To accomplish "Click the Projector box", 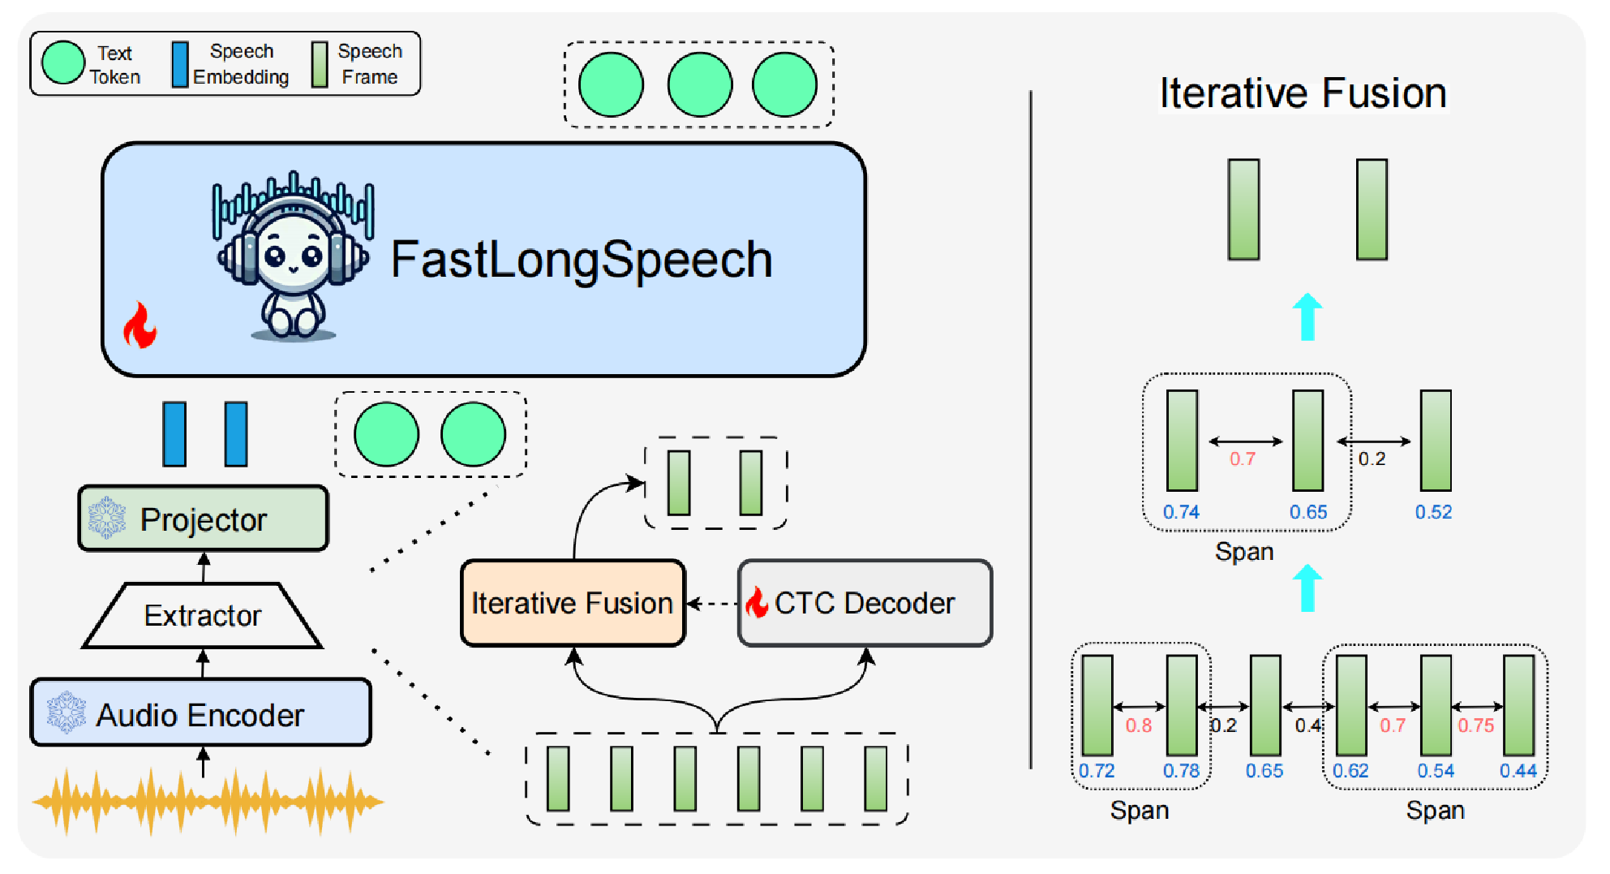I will click(x=204, y=519).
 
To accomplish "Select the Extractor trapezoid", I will click(x=203, y=616).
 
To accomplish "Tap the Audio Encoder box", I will click(x=200, y=714).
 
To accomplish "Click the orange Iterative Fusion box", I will click(x=573, y=604).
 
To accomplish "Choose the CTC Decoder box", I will click(x=865, y=604).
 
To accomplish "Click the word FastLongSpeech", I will click(x=581, y=260).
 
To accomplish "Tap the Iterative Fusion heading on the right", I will click(x=1303, y=93).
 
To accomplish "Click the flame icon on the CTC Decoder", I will click(x=757, y=603).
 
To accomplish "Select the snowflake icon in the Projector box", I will click(x=107, y=518).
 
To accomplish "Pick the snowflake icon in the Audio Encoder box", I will click(x=66, y=713).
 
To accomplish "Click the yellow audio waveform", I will click(x=207, y=802).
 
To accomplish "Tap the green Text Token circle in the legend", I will click(x=63, y=63).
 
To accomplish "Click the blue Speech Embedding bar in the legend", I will click(x=179, y=64).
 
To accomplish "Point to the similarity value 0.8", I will click(x=1138, y=725).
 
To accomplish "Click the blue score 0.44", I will click(x=1518, y=771).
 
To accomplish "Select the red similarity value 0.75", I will click(x=1475, y=725).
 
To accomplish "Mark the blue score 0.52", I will click(x=1433, y=512).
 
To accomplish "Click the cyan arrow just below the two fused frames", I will click(x=1307, y=316).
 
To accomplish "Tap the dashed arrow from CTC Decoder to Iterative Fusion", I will click(x=712, y=604).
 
